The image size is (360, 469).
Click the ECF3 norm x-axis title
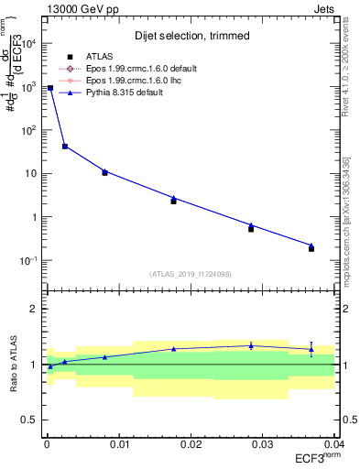pos(315,457)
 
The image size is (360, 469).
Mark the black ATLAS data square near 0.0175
pos(173,201)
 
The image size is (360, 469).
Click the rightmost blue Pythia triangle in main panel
pos(311,245)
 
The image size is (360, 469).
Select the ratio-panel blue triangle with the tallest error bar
pos(311,348)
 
